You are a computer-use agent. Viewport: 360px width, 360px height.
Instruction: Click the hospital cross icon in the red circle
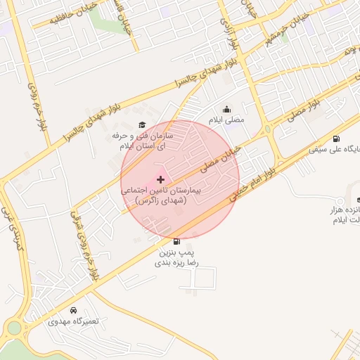(x=161, y=179)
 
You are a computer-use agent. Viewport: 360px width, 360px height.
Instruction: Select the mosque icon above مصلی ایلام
(x=226, y=109)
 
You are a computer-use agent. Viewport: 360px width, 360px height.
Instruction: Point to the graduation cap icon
(x=141, y=124)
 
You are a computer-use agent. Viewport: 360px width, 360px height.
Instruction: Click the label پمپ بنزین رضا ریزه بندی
(x=176, y=257)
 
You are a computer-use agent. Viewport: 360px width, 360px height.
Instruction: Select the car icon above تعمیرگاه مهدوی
(x=74, y=310)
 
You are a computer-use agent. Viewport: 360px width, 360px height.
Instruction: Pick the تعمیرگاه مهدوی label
(x=74, y=321)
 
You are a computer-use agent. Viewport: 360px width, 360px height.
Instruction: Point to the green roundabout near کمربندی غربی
(x=14, y=328)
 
